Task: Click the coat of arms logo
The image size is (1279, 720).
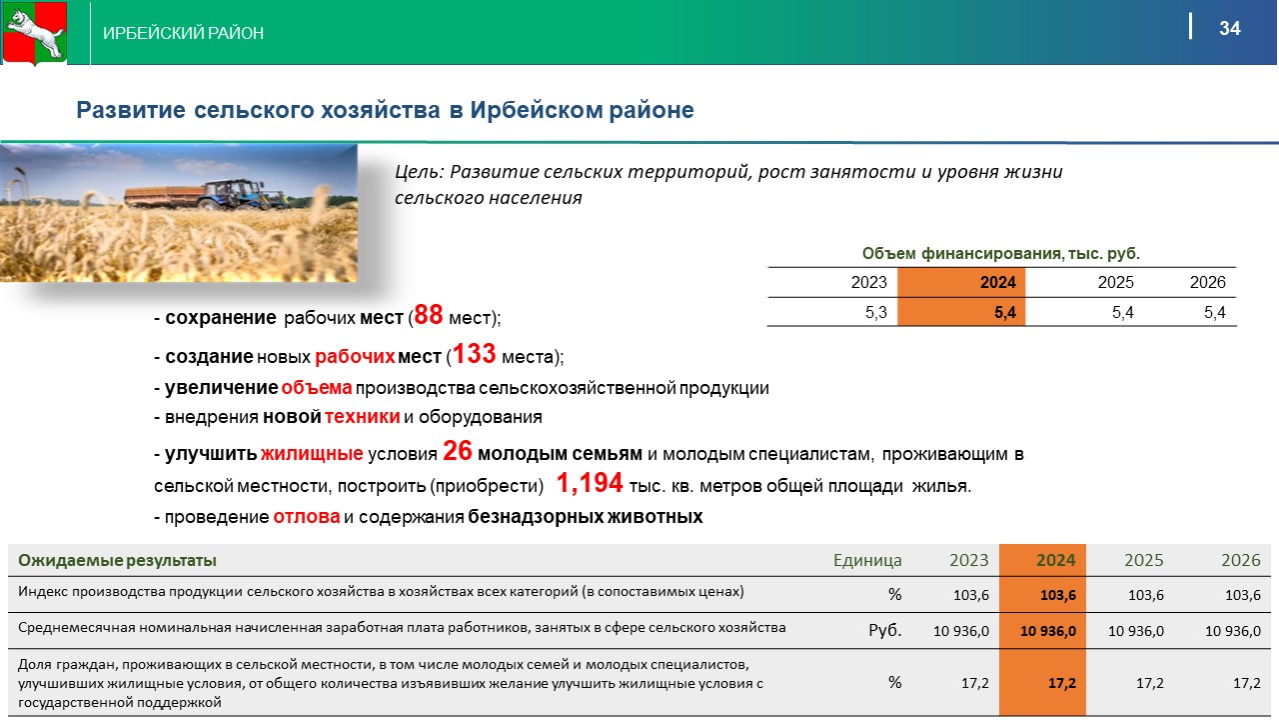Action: click(35, 33)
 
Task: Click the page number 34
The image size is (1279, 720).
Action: click(1230, 28)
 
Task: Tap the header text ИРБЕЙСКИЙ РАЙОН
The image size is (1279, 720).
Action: click(183, 33)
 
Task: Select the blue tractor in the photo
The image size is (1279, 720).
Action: click(235, 193)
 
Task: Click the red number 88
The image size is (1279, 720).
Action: click(429, 314)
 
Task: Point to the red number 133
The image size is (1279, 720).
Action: click(474, 354)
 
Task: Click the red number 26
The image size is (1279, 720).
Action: click(458, 451)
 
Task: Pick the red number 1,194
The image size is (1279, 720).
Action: click(590, 483)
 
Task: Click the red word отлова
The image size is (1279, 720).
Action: click(307, 517)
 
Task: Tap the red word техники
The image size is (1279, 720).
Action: click(362, 417)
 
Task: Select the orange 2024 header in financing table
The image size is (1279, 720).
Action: click(998, 282)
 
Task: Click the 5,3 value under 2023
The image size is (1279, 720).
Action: click(876, 313)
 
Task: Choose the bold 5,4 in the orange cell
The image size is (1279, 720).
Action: click(1005, 313)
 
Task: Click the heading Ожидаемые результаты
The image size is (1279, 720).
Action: click(117, 561)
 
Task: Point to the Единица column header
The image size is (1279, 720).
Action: click(867, 560)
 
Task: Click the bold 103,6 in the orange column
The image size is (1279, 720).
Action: click(1058, 595)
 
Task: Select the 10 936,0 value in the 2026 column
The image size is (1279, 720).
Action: click(1233, 631)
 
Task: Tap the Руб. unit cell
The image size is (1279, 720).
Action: click(885, 630)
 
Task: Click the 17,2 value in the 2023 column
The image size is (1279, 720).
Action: click(975, 683)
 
